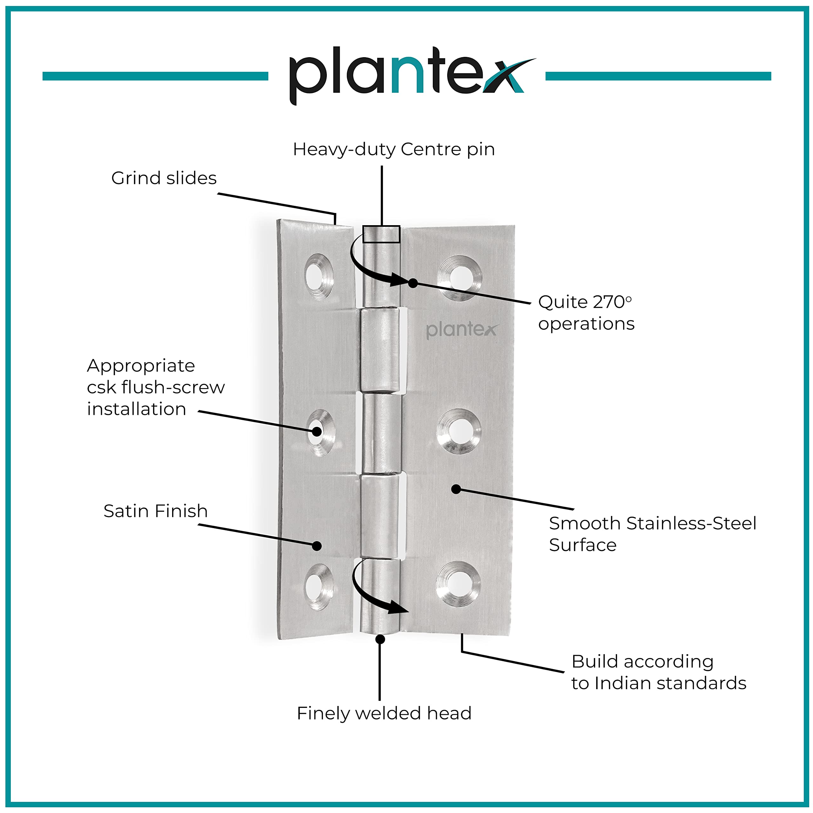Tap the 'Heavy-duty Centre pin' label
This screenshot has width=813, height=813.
[393, 149]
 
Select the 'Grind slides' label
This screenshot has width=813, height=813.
[164, 178]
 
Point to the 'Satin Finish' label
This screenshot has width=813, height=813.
[155, 511]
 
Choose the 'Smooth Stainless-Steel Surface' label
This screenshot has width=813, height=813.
[652, 534]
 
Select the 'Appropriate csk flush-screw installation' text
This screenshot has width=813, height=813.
[156, 387]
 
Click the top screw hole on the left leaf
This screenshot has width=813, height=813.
[319, 277]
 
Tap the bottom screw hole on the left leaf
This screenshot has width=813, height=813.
[319, 587]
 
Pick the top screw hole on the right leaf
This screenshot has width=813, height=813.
[460, 278]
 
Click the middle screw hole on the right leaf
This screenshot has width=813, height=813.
[459, 431]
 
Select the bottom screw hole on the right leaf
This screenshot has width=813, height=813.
[458, 584]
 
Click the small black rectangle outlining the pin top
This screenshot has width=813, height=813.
[381, 234]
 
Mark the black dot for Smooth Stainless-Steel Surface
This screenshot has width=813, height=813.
[456, 489]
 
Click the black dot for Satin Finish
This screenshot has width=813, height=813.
[317, 546]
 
